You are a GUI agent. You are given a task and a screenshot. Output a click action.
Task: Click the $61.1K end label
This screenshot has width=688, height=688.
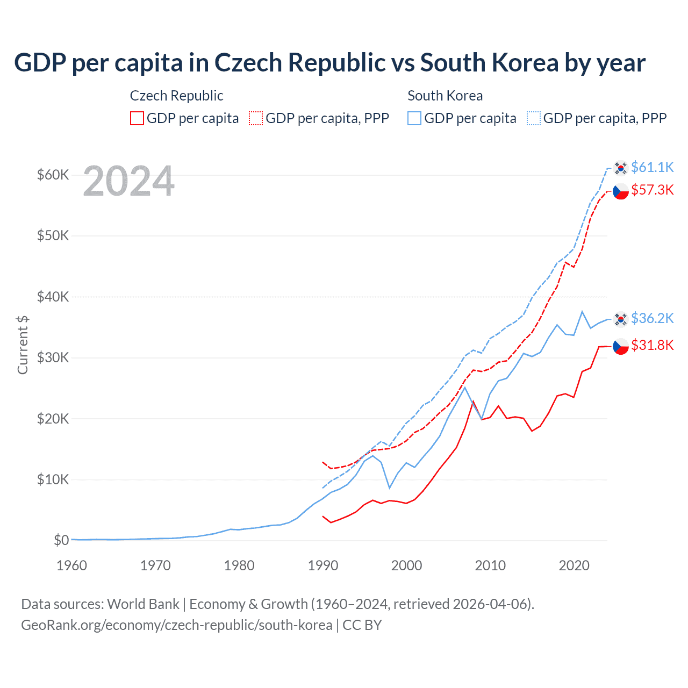coord(652,167)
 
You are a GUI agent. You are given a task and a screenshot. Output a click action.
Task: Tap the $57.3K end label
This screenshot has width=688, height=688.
coord(652,190)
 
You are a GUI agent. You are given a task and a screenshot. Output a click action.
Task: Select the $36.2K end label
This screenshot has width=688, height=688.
coord(652,318)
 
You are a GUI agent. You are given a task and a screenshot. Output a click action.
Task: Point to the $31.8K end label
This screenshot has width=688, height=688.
coord(652,345)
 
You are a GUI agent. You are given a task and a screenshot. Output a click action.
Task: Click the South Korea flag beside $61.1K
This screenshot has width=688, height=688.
coord(621,168)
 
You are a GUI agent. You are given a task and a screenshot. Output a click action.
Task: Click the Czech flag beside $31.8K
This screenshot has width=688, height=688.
coord(621,346)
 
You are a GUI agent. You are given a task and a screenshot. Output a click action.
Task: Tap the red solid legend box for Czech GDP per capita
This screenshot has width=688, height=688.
coord(137,118)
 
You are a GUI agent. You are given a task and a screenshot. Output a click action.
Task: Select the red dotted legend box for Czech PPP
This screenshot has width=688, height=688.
coord(256,118)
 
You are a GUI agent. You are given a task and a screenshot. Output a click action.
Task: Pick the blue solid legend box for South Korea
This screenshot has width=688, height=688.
coord(414,118)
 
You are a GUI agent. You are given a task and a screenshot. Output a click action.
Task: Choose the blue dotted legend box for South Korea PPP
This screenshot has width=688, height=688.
coord(534,118)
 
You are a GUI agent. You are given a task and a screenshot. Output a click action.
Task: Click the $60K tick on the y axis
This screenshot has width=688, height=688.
coord(53,175)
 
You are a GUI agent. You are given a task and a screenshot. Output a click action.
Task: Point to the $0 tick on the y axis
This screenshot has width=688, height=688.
coord(61,540)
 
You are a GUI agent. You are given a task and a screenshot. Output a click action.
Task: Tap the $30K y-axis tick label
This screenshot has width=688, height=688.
coord(53,357)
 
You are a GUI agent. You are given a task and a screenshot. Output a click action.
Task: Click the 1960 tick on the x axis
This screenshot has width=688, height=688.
coord(71,565)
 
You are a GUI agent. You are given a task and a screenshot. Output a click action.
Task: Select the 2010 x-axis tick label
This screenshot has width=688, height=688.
coord(490,565)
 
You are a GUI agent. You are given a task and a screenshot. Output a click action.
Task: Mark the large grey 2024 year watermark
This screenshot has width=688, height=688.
coord(128,181)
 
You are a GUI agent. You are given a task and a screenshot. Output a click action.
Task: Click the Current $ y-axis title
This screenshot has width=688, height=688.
coord(23,345)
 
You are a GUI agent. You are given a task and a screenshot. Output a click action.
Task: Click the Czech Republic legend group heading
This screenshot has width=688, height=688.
coord(176,96)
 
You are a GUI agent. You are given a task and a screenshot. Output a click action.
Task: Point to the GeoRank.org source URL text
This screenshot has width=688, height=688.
coord(176,625)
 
